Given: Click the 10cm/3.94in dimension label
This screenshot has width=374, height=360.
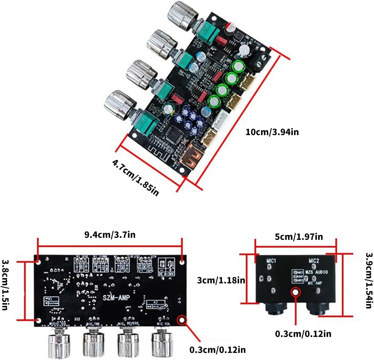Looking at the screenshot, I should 272,132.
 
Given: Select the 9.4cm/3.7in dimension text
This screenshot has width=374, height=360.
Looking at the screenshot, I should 110,235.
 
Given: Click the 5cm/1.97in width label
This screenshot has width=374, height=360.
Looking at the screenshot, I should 299,237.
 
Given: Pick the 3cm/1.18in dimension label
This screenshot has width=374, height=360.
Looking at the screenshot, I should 221,280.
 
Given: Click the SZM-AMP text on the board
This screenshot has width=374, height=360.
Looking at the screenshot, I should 116,297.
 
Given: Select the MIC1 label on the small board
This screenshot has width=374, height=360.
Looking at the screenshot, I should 271,261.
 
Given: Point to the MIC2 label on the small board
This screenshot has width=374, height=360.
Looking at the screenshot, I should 314,261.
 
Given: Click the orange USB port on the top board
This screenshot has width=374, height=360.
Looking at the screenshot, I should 190,159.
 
